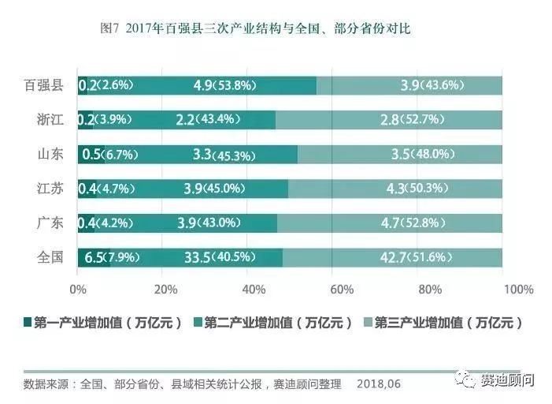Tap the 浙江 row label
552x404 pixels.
(x=50, y=119)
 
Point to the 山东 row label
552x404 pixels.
(x=50, y=154)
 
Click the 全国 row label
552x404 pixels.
(x=50, y=257)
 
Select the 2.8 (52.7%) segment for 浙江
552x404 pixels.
(x=389, y=119)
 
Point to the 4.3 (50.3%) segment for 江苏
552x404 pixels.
(x=395, y=188)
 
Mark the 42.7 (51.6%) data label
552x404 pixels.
(x=402, y=257)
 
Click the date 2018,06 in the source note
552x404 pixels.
(x=378, y=384)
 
